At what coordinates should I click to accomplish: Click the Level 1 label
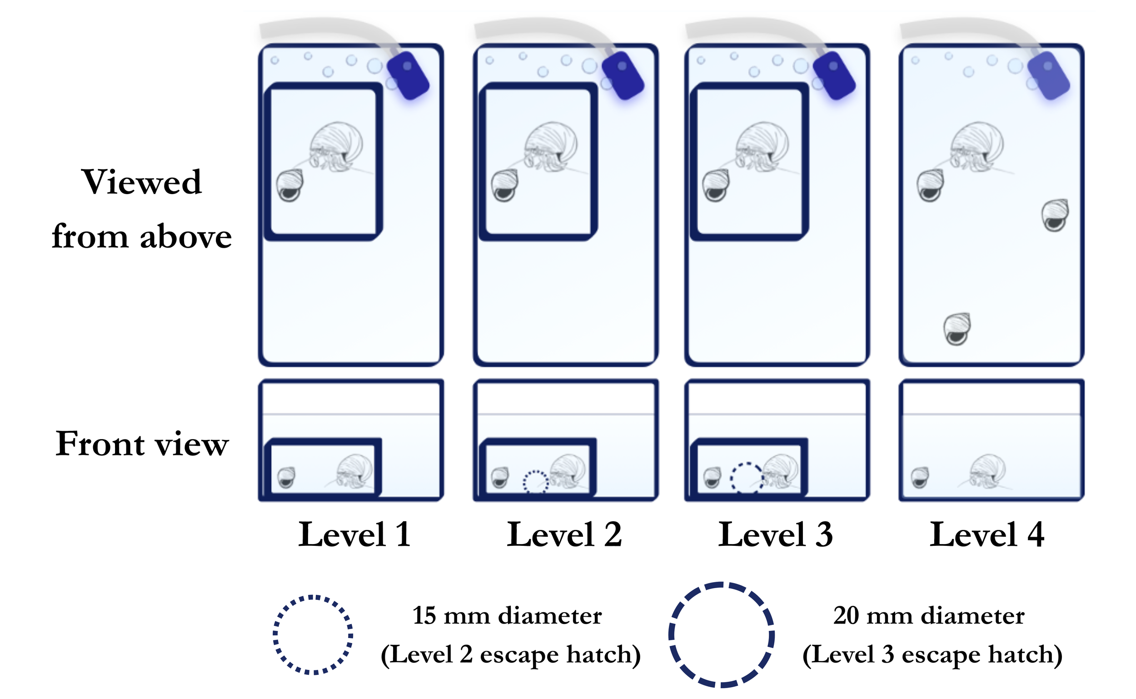tap(354, 535)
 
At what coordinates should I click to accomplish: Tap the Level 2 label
tap(564, 535)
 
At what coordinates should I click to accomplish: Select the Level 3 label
tap(776, 535)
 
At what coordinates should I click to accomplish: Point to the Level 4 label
tap(987, 535)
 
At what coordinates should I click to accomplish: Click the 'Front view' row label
tap(142, 444)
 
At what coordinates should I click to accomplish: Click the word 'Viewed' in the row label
tap(141, 182)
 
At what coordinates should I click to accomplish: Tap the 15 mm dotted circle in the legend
tap(313, 635)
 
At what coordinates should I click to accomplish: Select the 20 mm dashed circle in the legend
tap(722, 635)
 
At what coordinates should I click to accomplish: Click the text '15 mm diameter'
tap(507, 616)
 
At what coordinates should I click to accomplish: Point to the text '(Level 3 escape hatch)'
tap(932, 654)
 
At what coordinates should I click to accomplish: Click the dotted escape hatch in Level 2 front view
tap(536, 481)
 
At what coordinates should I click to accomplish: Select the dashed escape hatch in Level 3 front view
tap(747, 478)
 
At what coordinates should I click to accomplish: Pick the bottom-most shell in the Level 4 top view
tap(957, 329)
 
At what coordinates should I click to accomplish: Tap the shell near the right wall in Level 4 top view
tap(1055, 215)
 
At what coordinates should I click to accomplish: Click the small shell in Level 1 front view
tap(287, 478)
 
